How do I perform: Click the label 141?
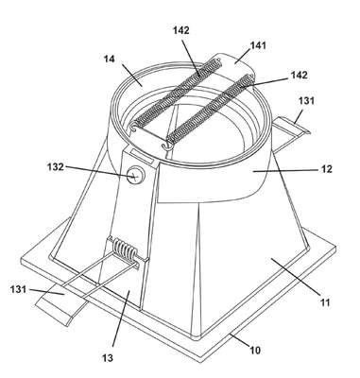[258, 45]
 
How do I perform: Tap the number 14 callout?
[110, 59]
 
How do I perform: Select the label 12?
[327, 169]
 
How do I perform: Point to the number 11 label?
[325, 302]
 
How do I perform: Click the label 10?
[255, 350]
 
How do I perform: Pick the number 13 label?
[108, 358]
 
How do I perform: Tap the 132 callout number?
[56, 166]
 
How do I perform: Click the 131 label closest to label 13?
[18, 289]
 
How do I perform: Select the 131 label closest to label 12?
[306, 101]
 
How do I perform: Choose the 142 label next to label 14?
[181, 30]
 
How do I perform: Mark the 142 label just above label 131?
[299, 75]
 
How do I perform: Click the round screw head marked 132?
[134, 175]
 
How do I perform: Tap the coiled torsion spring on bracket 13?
[126, 250]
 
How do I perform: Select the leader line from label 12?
[285, 170]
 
